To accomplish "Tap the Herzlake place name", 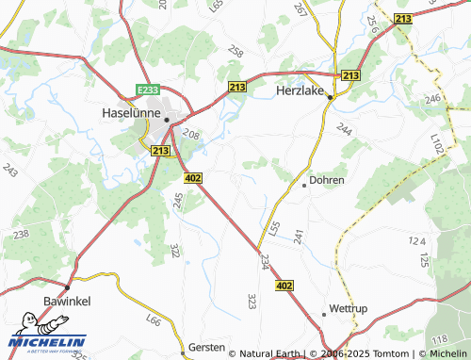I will (x=300, y=91).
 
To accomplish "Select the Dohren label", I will (x=327, y=179).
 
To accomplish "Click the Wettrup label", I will (x=347, y=309).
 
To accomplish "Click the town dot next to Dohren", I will (x=304, y=185).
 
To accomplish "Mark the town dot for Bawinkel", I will (x=67, y=286).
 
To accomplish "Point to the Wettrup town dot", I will (x=323, y=313).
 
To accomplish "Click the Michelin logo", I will (x=47, y=342).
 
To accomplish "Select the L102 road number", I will (x=435, y=144).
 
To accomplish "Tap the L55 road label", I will (x=274, y=227).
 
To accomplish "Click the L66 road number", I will (x=153, y=323).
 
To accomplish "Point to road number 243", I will (x=10, y=171).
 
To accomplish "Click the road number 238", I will (x=21, y=233).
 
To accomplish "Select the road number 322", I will (x=174, y=250).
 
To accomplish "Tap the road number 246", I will (x=432, y=98).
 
